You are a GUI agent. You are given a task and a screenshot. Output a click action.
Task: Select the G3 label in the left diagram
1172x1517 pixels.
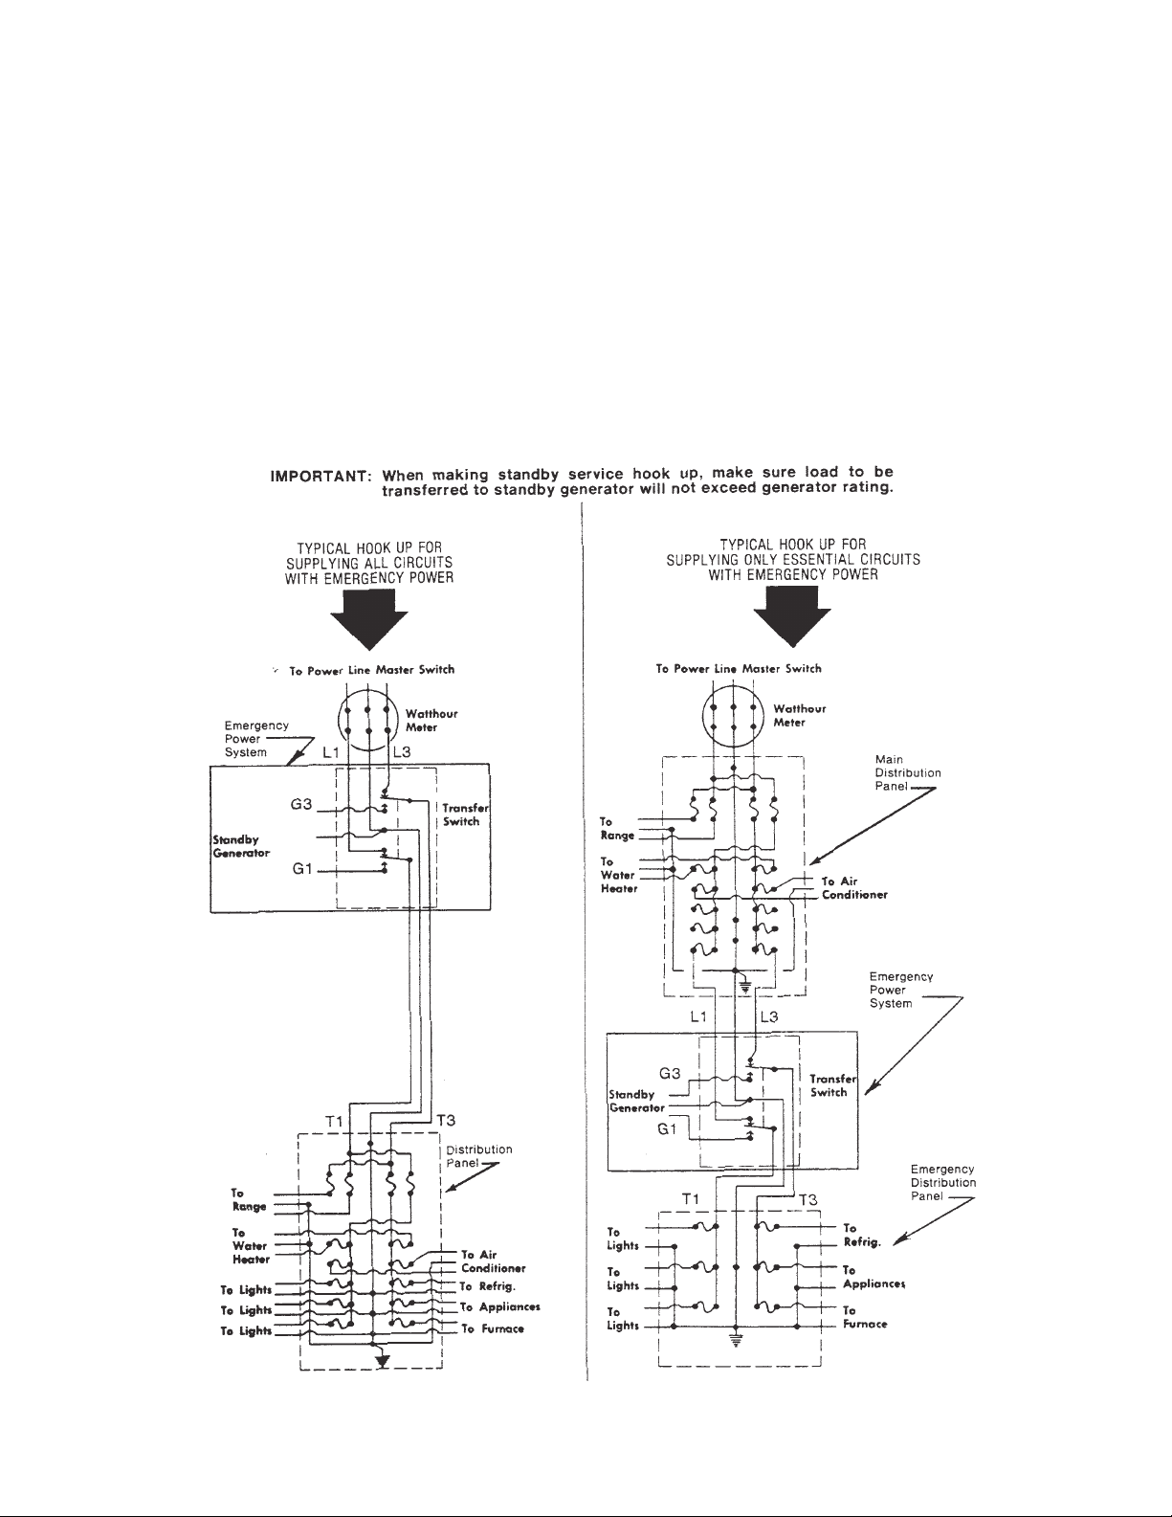(302, 805)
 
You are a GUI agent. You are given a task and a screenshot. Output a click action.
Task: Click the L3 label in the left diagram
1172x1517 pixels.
(401, 753)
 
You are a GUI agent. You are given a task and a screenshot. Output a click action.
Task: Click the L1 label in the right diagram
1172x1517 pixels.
(698, 1017)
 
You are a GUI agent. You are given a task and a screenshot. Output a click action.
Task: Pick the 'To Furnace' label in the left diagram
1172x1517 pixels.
(492, 1328)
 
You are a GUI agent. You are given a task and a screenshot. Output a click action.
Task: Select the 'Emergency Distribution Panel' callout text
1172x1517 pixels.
(942, 1183)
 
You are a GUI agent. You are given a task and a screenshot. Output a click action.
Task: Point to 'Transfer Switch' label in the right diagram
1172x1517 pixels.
(828, 1085)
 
